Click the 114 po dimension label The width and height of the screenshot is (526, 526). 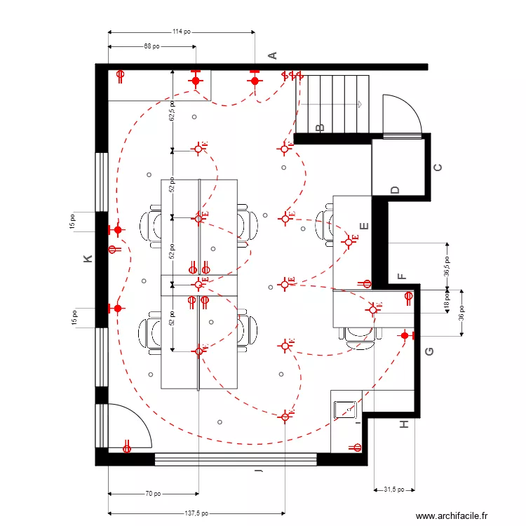[x=182, y=32]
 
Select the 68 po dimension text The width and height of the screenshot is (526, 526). [x=151, y=46]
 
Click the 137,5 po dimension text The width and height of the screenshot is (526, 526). [x=196, y=513]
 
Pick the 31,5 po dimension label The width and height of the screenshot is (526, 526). [x=396, y=490]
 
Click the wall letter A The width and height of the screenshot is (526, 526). [x=274, y=55]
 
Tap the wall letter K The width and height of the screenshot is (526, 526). [x=88, y=259]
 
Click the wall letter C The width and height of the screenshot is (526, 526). [x=438, y=168]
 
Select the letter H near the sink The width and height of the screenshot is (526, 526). [x=403, y=424]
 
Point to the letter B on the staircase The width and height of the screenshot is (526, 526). [x=321, y=127]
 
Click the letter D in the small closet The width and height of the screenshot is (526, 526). [x=395, y=189]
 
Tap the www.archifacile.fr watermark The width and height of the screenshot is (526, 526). [x=451, y=515]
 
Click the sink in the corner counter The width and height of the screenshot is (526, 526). [x=346, y=409]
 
